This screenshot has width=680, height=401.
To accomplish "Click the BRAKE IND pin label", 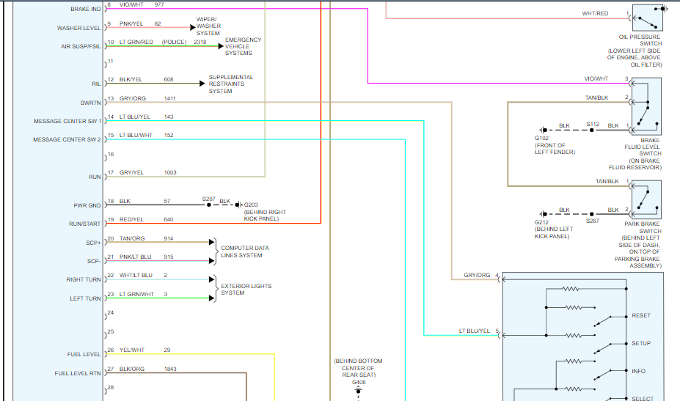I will click(86, 9).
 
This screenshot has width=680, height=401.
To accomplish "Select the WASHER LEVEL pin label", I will click(79, 28).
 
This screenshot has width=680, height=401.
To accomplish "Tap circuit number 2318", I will click(200, 43).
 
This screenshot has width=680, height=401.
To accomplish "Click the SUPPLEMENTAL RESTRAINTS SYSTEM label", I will click(231, 84).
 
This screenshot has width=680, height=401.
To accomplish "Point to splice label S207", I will click(209, 199).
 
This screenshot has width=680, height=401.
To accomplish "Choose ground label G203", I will click(251, 205).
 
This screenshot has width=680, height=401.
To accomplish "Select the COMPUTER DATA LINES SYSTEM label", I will click(244, 251).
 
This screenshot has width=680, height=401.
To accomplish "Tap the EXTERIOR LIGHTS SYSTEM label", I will click(243, 289).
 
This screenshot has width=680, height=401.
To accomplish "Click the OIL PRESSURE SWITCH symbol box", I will click(646, 20).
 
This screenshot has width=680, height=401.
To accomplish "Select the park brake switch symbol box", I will click(646, 199).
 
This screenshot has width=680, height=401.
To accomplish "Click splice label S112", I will click(593, 125).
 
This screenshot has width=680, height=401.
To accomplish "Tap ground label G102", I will click(541, 139).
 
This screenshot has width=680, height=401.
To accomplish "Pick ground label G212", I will click(542, 221).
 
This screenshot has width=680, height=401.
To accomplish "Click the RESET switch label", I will click(640, 315).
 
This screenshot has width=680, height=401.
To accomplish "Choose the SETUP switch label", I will click(641, 343).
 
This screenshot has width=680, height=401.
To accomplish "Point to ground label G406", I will click(358, 382).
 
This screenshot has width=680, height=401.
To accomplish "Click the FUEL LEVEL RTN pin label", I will click(78, 373).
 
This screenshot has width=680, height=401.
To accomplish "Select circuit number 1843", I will click(170, 369).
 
